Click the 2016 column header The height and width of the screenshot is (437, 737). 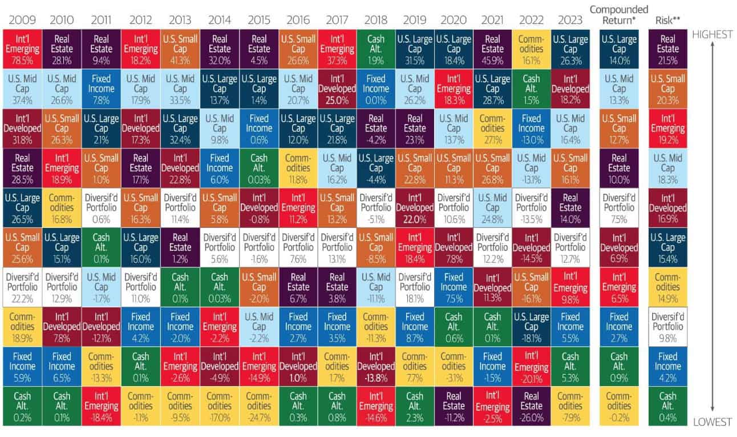tap(298, 20)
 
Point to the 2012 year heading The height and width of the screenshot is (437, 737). tap(140, 20)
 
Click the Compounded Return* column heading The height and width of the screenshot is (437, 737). tap(618, 15)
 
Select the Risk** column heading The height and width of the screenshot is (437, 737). tap(667, 20)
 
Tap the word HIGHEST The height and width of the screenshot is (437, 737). tap(712, 34)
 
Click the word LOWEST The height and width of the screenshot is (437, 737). tap(712, 422)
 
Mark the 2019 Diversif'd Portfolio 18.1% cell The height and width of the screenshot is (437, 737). tap(415, 287)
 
